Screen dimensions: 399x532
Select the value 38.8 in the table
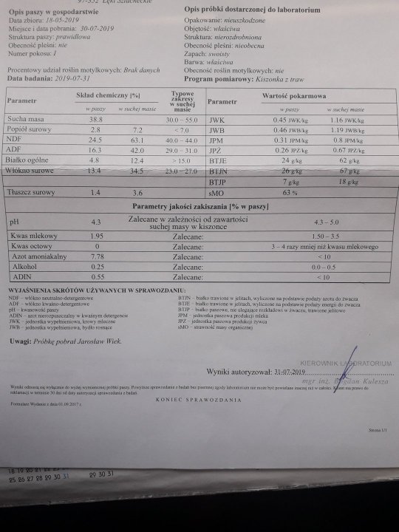[x=95, y=119]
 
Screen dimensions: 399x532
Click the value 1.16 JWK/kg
[x=349, y=119]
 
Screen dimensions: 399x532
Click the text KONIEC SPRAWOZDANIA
[x=199, y=398]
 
